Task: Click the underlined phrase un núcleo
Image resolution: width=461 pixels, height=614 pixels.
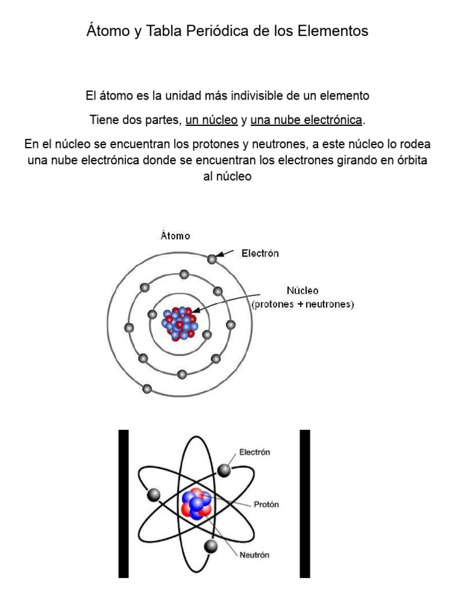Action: [212, 120]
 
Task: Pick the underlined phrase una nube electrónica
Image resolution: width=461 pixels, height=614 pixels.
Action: [306, 120]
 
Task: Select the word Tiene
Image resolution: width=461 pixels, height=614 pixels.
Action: [103, 120]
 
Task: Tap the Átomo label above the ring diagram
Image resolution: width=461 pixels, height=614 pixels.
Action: [175, 236]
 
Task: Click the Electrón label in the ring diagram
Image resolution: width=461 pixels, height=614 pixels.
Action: [260, 254]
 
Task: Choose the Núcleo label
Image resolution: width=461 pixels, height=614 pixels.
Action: [303, 290]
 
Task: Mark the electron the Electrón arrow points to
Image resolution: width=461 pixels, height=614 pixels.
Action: [212, 259]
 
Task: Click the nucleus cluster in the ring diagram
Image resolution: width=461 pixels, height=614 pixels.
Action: [179, 324]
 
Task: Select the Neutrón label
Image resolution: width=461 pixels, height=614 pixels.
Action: [255, 555]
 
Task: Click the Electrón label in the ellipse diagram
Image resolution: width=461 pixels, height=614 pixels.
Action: [255, 453]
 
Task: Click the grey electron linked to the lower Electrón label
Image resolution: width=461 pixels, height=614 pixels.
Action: [224, 471]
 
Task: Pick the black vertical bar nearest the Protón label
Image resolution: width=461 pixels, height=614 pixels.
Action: [304, 504]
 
